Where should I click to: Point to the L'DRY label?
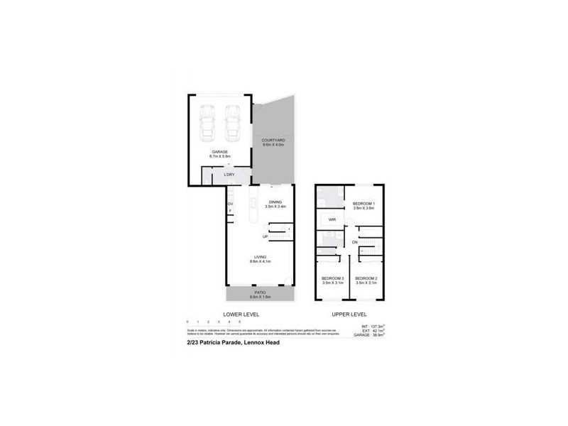[229, 174]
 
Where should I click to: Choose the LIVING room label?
[261, 259]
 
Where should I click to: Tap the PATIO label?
[261, 292]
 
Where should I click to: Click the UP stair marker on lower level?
[265, 236]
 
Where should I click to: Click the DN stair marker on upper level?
[354, 243]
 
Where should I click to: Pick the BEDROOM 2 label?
[365, 278]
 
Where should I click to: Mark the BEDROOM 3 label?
[332, 278]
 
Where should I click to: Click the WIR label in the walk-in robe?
[332, 220]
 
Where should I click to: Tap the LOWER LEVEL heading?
[241, 313]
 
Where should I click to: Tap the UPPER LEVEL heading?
[349, 313]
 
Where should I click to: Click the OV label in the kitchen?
[230, 204]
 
